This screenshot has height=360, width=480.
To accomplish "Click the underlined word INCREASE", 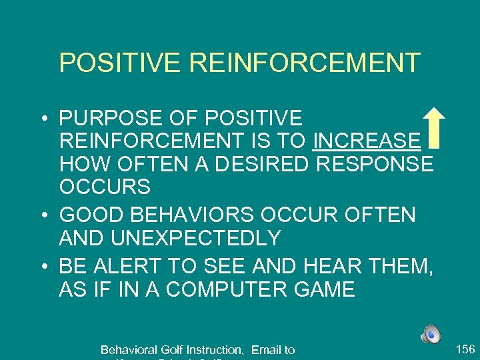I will click(367, 141).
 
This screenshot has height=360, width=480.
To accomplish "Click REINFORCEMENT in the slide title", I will click(305, 63).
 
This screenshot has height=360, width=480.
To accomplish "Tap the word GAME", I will click(321, 290).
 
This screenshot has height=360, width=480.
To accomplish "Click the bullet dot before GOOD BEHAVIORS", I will click(43, 215).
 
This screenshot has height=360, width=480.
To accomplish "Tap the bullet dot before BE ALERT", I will click(43, 267).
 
